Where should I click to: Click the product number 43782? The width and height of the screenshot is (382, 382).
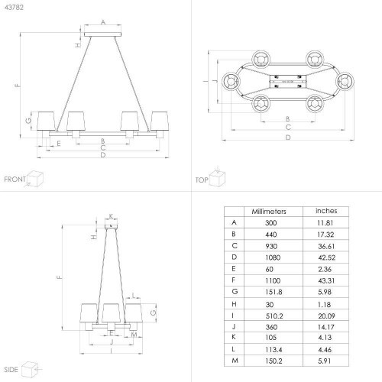click(x=14, y=7)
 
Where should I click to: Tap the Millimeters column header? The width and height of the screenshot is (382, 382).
click(x=269, y=212)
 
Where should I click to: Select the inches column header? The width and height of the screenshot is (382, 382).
click(x=326, y=211)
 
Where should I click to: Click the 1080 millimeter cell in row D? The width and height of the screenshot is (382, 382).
click(x=273, y=257)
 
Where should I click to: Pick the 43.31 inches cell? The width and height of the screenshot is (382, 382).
click(x=326, y=280)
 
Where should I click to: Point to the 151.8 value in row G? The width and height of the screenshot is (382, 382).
click(x=274, y=292)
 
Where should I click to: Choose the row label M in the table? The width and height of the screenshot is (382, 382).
click(x=235, y=361)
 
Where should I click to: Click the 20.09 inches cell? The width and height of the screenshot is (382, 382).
click(x=326, y=316)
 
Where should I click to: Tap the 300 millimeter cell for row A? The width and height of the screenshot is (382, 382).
click(x=270, y=223)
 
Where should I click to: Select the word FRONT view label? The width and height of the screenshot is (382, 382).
click(x=15, y=180)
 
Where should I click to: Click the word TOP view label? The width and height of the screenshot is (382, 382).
click(x=202, y=180)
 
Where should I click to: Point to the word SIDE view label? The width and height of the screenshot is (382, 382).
click(x=11, y=370)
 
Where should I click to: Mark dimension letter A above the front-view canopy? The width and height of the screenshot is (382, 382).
click(x=103, y=22)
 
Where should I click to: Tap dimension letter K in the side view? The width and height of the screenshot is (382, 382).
click(x=112, y=216)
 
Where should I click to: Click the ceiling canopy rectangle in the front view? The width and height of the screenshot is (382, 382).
click(x=102, y=34)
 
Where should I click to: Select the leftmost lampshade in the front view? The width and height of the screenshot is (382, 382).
click(x=46, y=121)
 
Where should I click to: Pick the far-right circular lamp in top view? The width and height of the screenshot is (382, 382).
click(x=345, y=82)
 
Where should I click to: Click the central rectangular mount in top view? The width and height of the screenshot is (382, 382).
click(x=288, y=82)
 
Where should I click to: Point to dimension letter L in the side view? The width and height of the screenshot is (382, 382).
click(x=133, y=296)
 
